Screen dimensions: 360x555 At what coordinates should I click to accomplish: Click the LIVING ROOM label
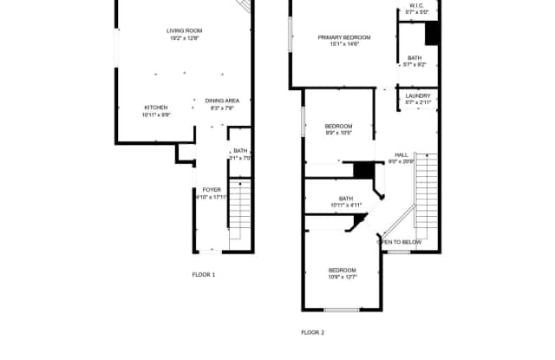[x=183, y=31]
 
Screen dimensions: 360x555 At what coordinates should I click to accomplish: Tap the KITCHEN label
[x=155, y=108]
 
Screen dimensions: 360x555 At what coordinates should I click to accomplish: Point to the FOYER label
[x=212, y=189]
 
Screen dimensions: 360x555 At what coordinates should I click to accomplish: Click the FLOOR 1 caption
[x=204, y=275]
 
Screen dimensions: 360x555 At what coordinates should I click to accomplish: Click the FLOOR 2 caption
[x=312, y=332]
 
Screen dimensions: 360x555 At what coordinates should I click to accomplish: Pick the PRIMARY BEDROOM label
[x=344, y=36]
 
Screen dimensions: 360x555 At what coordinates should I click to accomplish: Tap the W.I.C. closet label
[x=417, y=6]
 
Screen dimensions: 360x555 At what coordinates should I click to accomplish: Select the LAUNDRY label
[x=417, y=96]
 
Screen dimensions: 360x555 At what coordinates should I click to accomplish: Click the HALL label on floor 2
[x=402, y=154]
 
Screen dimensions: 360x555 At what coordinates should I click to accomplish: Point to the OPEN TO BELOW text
[x=400, y=242]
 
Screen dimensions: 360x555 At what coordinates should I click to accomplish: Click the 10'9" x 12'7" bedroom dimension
[x=342, y=278]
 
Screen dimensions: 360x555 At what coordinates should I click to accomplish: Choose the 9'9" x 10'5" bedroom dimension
[x=339, y=133]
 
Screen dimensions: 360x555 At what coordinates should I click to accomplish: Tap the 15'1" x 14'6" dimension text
[x=344, y=43]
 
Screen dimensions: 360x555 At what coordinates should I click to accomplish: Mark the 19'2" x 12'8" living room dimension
[x=183, y=38]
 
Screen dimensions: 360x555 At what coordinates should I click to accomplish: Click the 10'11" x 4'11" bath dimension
[x=346, y=205]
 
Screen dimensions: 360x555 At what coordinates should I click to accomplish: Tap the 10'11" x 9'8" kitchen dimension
[x=155, y=115]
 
